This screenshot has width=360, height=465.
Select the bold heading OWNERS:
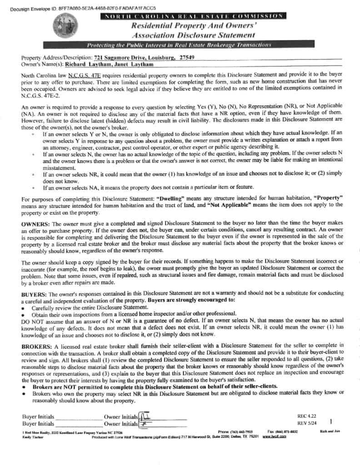click(x=35, y=224)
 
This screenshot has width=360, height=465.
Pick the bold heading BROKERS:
click(x=37, y=346)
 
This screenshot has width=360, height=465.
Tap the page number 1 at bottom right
click(x=337, y=421)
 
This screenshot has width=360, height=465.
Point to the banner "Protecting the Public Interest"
click(x=179, y=45)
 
